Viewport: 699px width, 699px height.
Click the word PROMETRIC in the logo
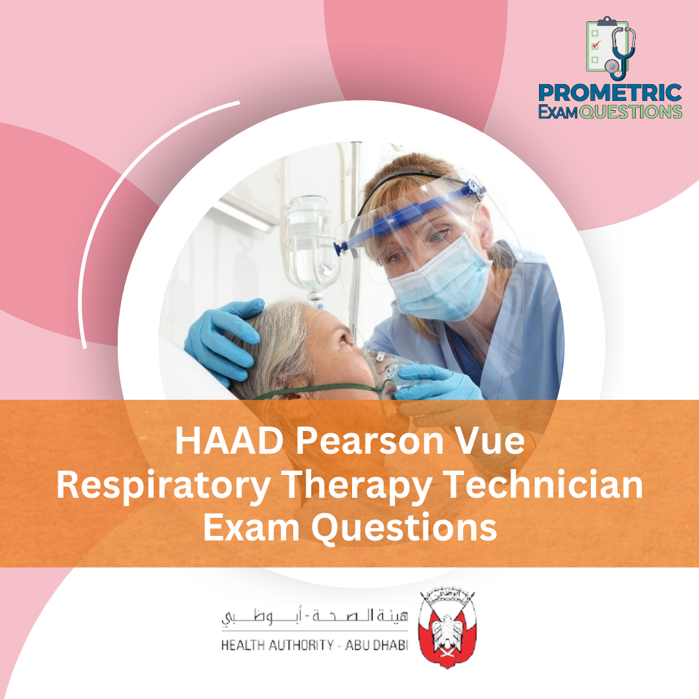point(610,93)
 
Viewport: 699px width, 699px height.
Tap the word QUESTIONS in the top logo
point(630,111)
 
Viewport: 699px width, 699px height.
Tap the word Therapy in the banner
point(357,487)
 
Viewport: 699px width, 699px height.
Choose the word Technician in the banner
point(544,484)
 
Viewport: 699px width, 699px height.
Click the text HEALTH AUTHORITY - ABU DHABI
point(315,645)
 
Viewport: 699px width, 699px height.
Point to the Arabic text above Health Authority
point(315,617)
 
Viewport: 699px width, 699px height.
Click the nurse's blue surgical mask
point(438,281)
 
